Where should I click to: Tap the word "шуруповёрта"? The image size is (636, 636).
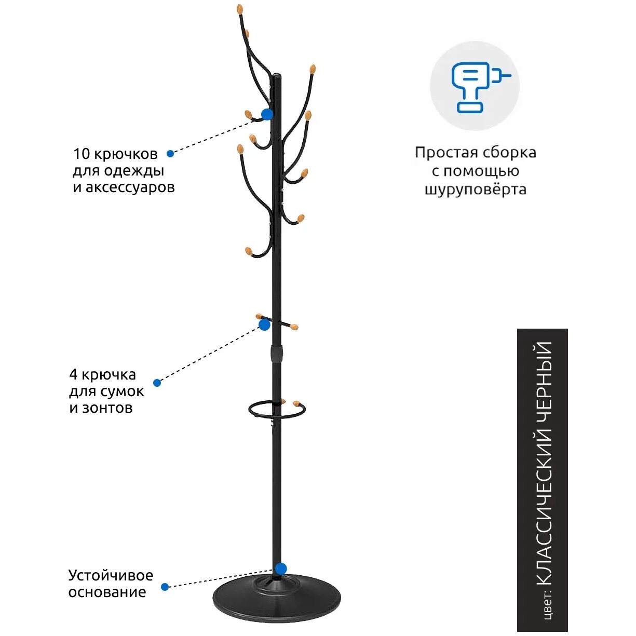[x=475, y=190]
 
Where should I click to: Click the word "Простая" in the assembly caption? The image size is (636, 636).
[x=446, y=153]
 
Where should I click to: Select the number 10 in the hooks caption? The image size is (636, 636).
[x=82, y=154]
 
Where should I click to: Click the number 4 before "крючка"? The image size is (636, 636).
[x=73, y=375]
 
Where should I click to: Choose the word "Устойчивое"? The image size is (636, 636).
[x=111, y=575]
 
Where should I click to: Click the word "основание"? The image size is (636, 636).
[x=107, y=592]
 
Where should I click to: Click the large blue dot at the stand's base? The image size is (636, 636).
[x=280, y=569]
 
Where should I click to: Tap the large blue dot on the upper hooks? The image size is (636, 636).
[x=267, y=115]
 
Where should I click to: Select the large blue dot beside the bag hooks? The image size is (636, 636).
[x=264, y=325]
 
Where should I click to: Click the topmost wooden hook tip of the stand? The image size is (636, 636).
[x=239, y=9]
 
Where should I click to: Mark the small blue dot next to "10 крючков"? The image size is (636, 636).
[x=170, y=154]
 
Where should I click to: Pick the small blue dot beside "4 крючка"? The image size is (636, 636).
[x=157, y=383]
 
